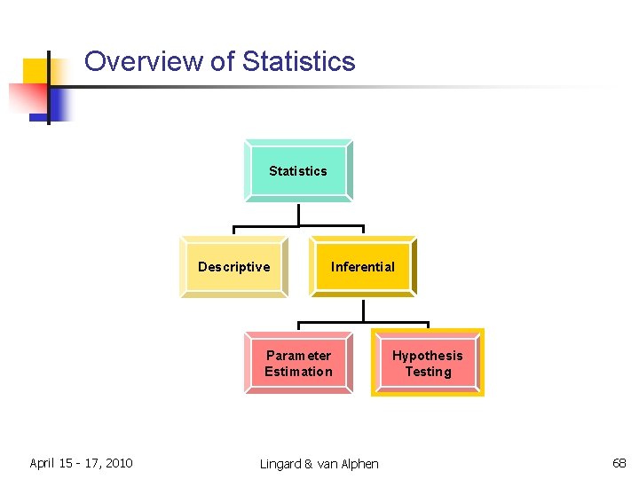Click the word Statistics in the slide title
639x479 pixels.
[x=298, y=61]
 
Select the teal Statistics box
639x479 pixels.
[x=298, y=170]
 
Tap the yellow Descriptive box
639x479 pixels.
[x=233, y=267]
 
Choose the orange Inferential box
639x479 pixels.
[x=363, y=267]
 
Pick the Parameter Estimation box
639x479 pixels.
[x=298, y=364]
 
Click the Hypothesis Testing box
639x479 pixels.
[x=428, y=364]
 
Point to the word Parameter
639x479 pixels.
[x=298, y=356]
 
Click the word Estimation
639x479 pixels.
[x=298, y=372]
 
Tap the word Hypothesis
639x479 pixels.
[x=428, y=356]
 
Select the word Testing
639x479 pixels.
[x=428, y=372]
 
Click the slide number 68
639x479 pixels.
[x=619, y=463]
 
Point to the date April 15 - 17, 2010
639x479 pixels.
[x=81, y=463]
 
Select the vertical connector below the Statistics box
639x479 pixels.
[x=299, y=215]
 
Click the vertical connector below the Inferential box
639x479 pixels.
[x=363, y=310]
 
